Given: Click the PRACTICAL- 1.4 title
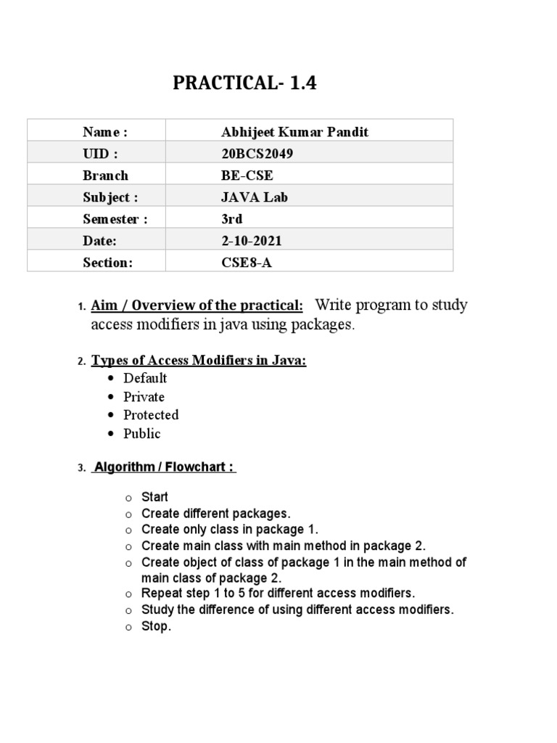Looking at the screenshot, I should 244,83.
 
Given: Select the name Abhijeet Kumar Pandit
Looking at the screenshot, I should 294,131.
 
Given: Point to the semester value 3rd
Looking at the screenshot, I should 231,219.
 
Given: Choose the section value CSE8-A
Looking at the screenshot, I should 247,263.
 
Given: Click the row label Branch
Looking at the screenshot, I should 105,176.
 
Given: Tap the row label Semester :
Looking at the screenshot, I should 115,219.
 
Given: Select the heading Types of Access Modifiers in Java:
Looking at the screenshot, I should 199,361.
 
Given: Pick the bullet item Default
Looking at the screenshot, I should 145,378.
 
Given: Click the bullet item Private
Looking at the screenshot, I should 144,397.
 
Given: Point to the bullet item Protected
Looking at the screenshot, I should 151,415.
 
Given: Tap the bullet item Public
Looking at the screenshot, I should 141,434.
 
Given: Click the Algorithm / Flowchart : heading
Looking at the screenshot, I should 165,467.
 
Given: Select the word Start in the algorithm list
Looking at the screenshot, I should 154,497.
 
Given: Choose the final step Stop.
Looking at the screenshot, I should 156,627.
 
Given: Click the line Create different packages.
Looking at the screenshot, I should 216,514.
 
